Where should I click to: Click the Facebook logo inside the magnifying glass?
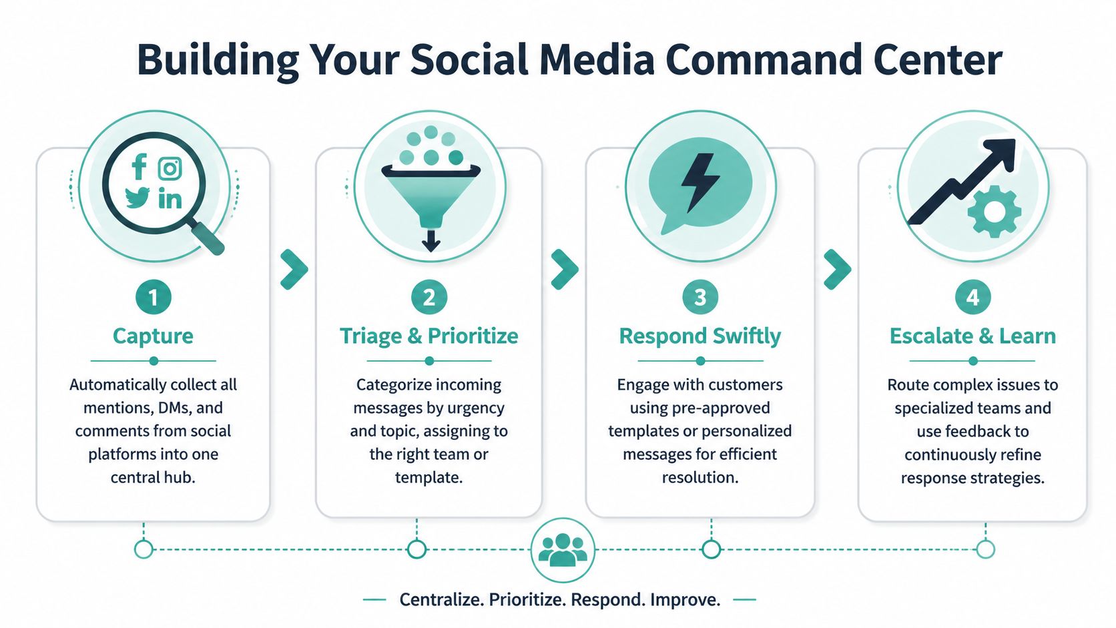pos(139,167)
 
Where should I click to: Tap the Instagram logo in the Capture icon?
pos(170,169)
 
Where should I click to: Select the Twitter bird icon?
pos(137,198)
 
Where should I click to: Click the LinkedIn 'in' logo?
pos(170,198)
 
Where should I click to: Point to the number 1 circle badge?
pos(153,297)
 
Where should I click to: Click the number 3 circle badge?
pos(700,297)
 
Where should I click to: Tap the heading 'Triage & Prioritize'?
pos(429,336)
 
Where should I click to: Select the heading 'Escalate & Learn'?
pos(972,336)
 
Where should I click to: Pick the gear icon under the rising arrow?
pos(994,212)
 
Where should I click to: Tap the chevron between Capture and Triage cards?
pos(294,270)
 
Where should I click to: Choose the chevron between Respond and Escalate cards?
pos(837,270)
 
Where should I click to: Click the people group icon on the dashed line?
pos(563,550)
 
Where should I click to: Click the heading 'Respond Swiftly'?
pos(700,336)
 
